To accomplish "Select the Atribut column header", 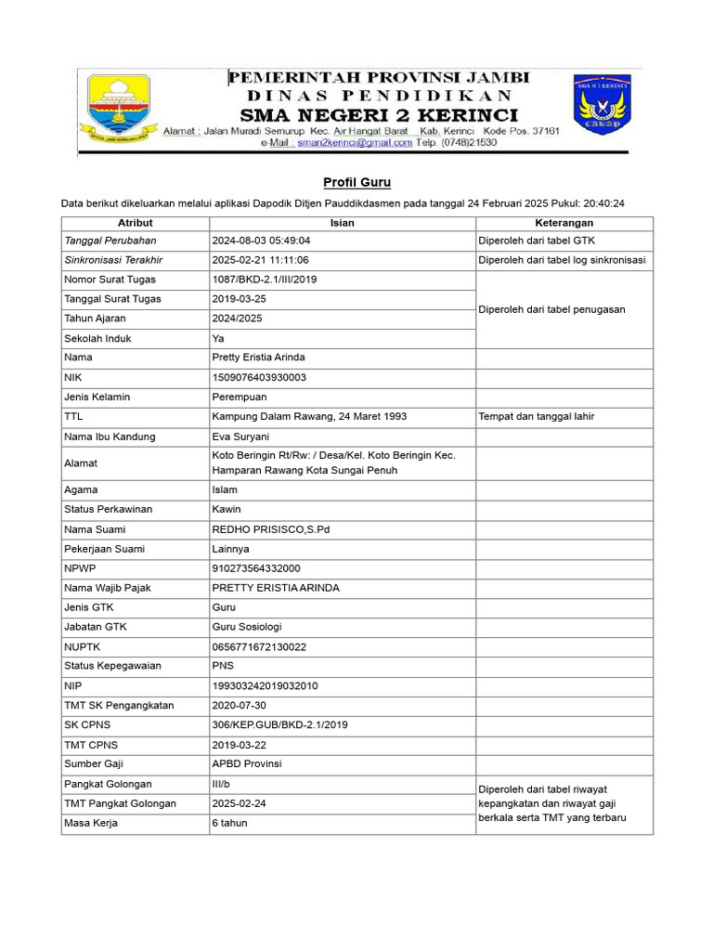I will tap(136, 223).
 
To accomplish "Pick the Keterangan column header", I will tap(564, 223).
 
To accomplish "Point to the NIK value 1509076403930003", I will tap(259, 377).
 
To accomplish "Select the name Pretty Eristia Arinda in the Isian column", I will tap(258, 358).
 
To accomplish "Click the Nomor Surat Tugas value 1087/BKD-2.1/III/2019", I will tap(264, 280).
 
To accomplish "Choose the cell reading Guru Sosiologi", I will tap(247, 627).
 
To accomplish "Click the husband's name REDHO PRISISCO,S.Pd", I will tap(271, 529).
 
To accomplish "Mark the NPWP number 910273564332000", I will tap(256, 568).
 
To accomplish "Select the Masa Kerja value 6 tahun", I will tap(229, 823).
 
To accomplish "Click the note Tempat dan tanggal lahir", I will tap(536, 416).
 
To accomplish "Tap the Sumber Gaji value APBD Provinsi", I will tap(247, 763).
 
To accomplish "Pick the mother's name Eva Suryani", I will tap(240, 436).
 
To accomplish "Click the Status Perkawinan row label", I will tap(108, 509).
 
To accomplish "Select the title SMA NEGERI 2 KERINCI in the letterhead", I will tap(379, 115).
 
